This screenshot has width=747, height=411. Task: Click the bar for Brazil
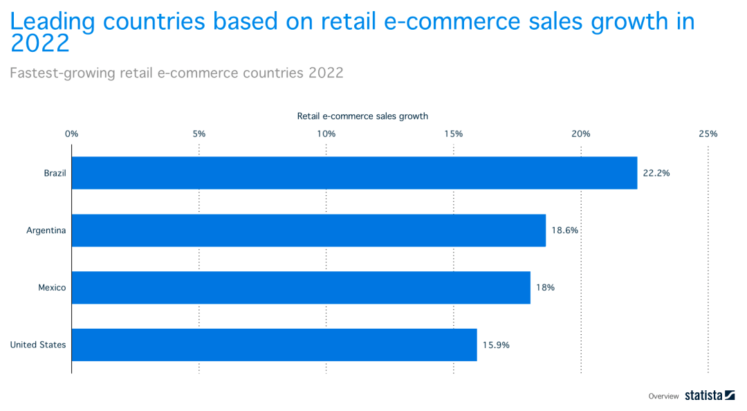click(x=354, y=173)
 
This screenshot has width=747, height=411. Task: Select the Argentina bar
click(x=308, y=230)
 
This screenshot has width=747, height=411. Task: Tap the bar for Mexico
click(x=301, y=287)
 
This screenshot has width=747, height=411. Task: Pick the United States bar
click(x=274, y=345)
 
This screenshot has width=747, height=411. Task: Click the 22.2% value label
click(x=656, y=173)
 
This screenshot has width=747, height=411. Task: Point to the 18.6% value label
click(x=564, y=230)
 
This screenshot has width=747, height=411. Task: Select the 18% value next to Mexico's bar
click(x=545, y=287)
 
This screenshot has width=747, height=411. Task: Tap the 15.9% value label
click(x=496, y=345)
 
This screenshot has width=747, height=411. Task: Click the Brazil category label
click(x=55, y=173)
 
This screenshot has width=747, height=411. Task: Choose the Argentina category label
click(x=46, y=230)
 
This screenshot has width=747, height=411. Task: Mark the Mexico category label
click(x=52, y=287)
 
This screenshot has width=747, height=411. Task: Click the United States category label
click(x=38, y=345)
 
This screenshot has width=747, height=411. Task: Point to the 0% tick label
click(x=71, y=134)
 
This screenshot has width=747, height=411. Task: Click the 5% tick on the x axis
click(x=199, y=134)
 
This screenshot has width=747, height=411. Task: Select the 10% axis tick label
click(x=326, y=134)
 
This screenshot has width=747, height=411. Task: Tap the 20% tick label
click(x=581, y=134)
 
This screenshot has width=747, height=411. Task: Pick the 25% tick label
click(x=708, y=134)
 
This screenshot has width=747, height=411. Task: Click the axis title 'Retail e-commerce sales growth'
click(x=362, y=116)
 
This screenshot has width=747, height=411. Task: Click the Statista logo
click(x=710, y=396)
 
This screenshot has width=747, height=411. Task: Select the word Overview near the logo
click(x=663, y=396)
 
